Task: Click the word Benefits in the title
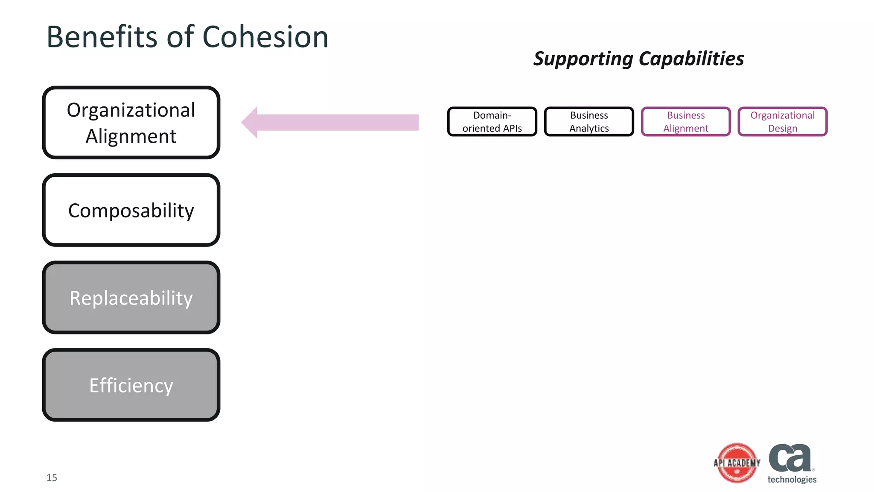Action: click(x=102, y=37)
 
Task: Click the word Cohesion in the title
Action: click(x=265, y=37)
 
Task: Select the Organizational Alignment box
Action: click(x=131, y=123)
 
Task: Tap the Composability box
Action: click(x=131, y=210)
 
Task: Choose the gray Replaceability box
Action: click(x=131, y=298)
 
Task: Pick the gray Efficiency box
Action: click(x=131, y=385)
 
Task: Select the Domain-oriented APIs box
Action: click(x=492, y=122)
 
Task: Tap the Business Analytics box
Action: click(x=589, y=122)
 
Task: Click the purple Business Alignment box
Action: click(x=686, y=122)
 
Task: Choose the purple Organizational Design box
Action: click(x=782, y=122)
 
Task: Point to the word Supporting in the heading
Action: click(x=583, y=59)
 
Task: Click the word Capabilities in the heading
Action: click(x=691, y=59)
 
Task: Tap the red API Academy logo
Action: click(x=737, y=463)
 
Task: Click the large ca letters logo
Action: click(x=790, y=458)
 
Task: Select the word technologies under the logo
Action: click(x=792, y=479)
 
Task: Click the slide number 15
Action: click(x=52, y=477)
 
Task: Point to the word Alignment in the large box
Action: click(x=131, y=137)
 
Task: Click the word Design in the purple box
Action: click(x=782, y=129)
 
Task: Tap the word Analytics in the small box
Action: click(x=589, y=129)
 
